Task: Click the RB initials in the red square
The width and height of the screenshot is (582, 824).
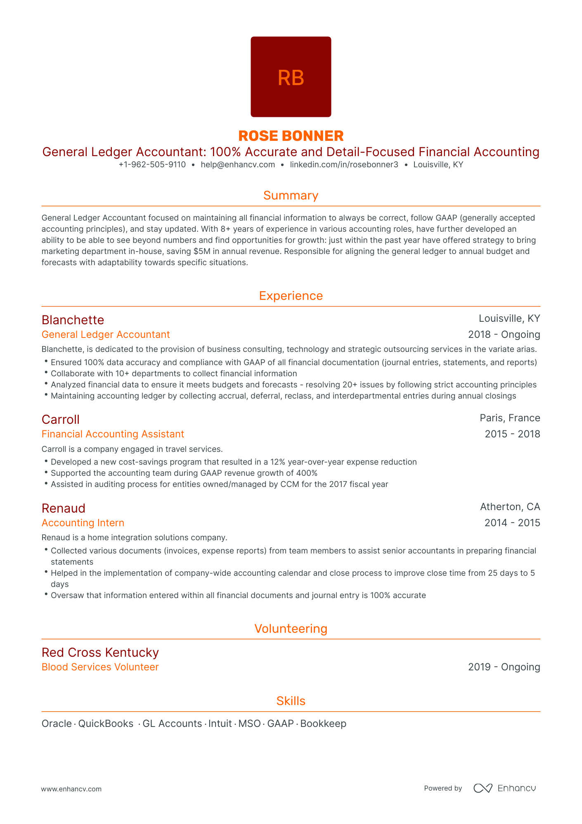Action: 291,78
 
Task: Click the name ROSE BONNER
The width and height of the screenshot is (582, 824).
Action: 291,136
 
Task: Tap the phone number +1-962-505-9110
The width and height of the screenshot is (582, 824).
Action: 152,164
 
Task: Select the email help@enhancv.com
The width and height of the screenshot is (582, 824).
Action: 238,164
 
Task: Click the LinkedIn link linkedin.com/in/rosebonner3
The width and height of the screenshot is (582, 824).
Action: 344,164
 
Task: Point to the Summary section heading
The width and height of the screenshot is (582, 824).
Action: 291,195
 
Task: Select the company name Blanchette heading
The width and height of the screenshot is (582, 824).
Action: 73,320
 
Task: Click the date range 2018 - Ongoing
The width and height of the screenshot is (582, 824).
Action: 504,334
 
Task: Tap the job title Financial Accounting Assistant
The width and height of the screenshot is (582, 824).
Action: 113,434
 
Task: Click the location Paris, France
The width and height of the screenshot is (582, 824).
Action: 509,418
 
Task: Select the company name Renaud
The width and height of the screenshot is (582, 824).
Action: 64,508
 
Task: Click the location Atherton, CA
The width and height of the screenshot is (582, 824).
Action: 510,507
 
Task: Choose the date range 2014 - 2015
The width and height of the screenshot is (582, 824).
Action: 512,522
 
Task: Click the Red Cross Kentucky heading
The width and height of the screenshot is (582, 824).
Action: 100,652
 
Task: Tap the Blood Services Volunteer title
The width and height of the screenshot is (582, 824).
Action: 100,667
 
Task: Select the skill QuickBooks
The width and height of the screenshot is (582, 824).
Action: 106,723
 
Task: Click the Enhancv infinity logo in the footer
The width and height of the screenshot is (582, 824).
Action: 483,788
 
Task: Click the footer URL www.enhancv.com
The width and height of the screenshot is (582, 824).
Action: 71,789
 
